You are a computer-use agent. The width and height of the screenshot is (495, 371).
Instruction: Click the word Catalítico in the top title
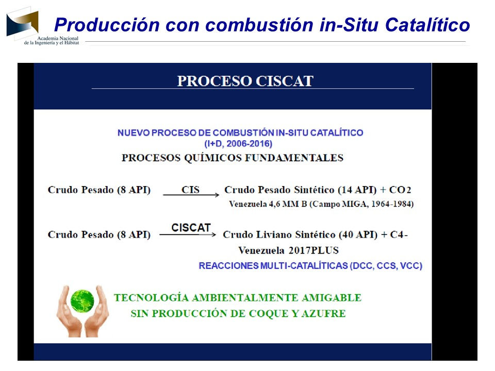427,25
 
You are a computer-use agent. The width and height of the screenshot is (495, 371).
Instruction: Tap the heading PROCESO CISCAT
245,81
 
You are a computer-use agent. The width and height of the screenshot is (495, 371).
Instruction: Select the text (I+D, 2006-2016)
238,144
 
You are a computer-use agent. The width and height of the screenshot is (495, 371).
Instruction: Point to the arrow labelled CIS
191,195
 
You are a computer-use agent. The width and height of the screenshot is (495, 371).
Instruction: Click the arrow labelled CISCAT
188,235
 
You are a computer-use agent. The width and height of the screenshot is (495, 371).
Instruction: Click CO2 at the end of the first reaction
400,190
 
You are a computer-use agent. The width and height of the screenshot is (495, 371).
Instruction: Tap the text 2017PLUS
313,250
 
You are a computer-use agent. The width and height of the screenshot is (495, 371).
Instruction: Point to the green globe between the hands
82,300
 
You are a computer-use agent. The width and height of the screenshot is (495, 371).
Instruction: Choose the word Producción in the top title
107,25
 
